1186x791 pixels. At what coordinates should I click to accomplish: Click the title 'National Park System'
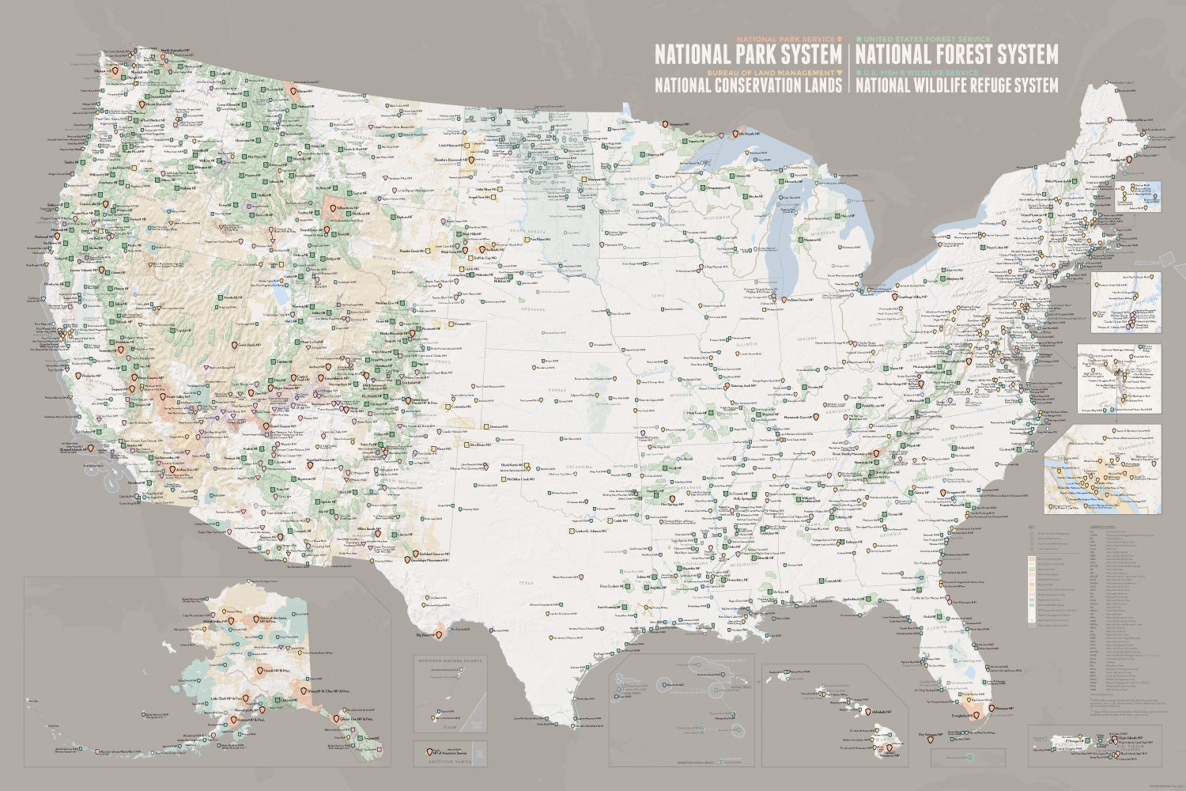click(748, 55)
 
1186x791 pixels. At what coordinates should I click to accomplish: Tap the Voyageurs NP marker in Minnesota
click(664, 124)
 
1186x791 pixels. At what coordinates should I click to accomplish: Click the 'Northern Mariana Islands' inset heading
click(451, 661)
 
